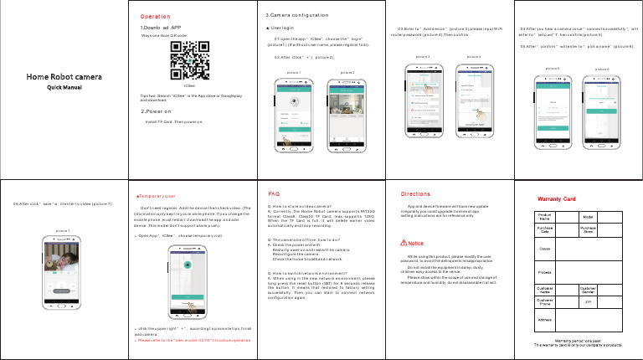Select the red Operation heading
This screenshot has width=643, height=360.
[157, 16]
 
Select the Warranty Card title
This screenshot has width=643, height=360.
[559, 198]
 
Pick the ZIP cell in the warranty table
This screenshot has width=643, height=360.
[611, 301]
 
